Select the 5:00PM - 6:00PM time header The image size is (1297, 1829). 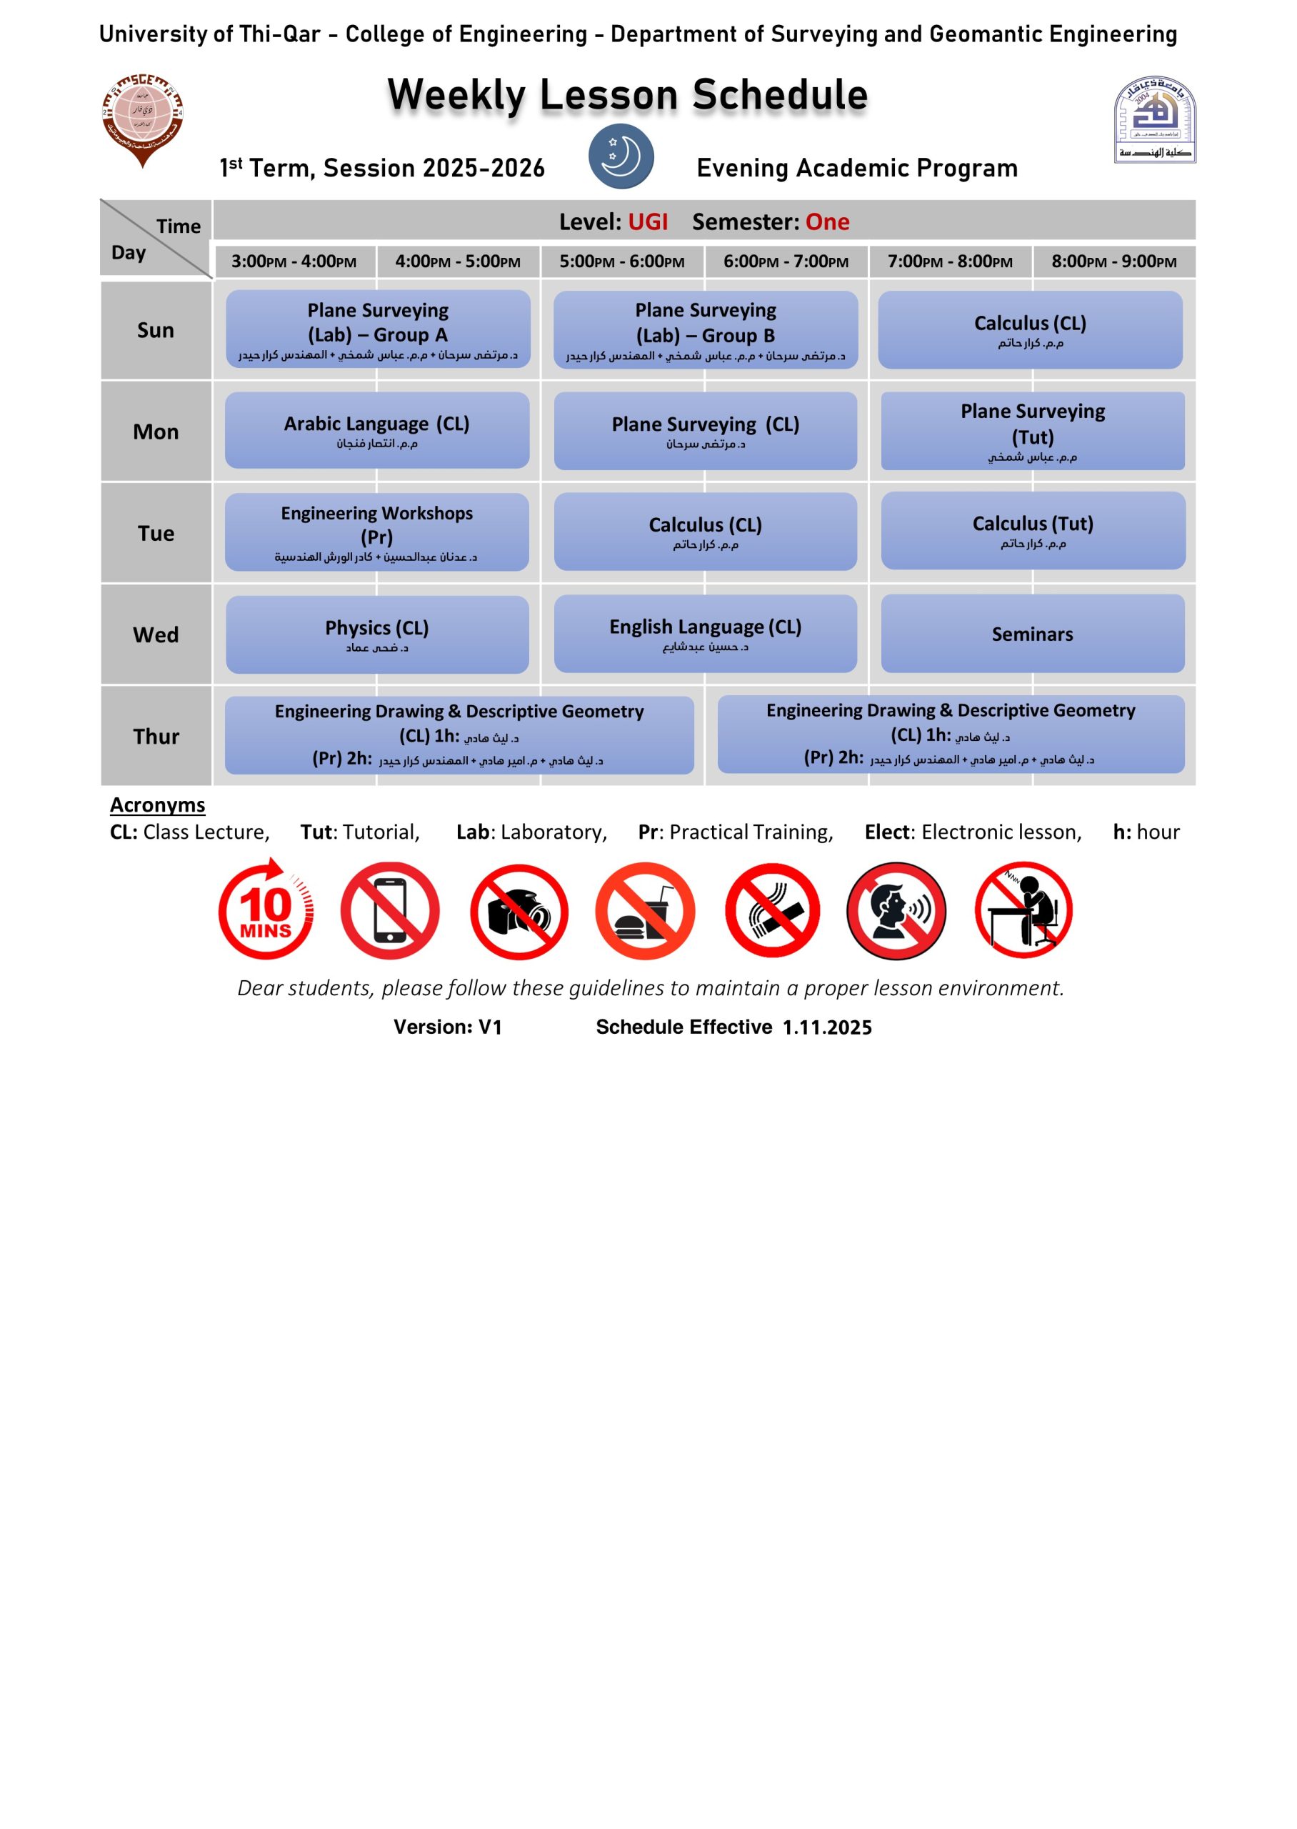[x=621, y=262]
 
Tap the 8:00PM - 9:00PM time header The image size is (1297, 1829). [x=1113, y=262]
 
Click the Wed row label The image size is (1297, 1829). [x=156, y=635]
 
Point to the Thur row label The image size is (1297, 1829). [x=156, y=737]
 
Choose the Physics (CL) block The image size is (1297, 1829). [x=377, y=634]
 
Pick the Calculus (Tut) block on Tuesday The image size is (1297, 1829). [x=1032, y=531]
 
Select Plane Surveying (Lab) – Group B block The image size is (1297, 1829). [x=705, y=330]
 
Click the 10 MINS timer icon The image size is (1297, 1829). [x=266, y=910]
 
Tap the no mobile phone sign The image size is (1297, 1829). [x=390, y=910]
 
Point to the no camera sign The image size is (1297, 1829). [x=519, y=910]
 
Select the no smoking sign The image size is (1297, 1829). [x=771, y=910]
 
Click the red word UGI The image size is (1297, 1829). [x=648, y=222]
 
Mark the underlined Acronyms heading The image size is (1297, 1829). [x=157, y=805]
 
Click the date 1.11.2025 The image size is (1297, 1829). [x=826, y=1028]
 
